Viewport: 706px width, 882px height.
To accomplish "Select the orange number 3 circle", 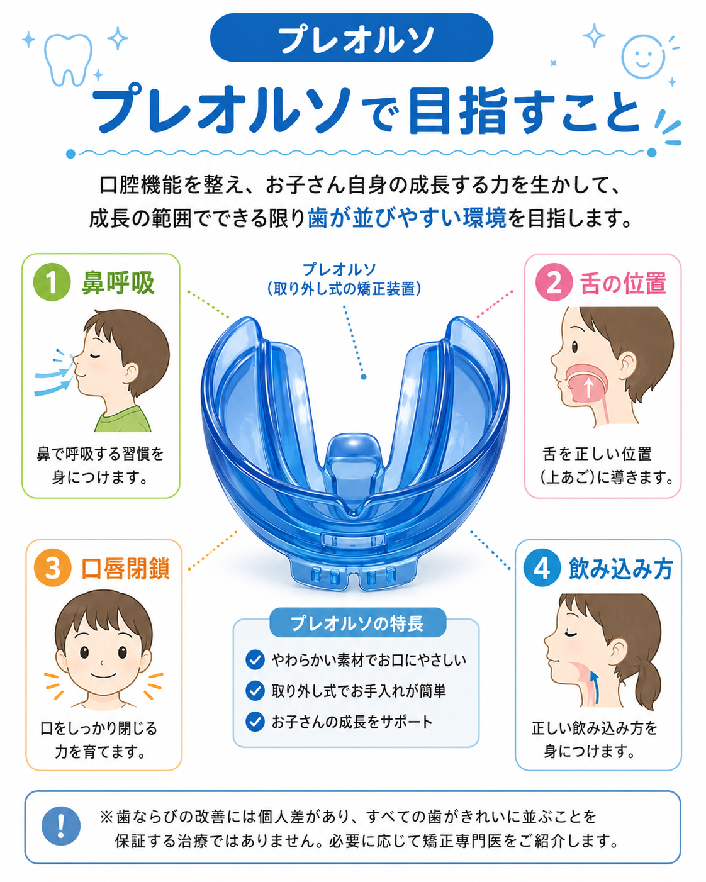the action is [x=53, y=567].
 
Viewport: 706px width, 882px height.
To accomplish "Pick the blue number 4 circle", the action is [x=542, y=567].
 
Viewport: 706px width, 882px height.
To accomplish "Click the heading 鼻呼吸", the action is [x=118, y=283].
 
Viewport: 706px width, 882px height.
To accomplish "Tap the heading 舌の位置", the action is [x=623, y=283].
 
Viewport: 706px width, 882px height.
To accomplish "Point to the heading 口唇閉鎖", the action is [x=125, y=568].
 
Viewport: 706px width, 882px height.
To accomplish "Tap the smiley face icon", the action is [x=643, y=57].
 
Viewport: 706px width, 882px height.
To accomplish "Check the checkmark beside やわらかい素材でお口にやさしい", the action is [x=255, y=659].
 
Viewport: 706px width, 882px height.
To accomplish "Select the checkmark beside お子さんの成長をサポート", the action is [x=255, y=722].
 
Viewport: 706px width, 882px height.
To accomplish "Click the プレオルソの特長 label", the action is [x=357, y=623].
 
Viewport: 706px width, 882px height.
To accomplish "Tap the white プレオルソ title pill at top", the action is [x=351, y=38].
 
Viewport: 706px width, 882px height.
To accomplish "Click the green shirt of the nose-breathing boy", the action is [x=123, y=419].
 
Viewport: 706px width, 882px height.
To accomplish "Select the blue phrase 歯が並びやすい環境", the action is [x=406, y=218].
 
